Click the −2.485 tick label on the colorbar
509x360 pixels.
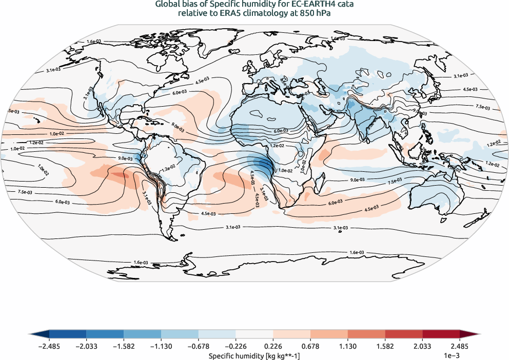tap(50, 346)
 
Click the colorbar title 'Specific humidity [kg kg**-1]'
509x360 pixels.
tap(254, 355)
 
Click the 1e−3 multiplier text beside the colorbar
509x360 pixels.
tap(449, 355)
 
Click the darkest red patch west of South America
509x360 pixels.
tap(119, 175)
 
